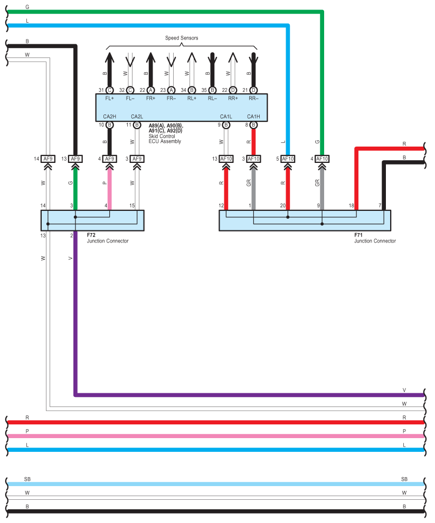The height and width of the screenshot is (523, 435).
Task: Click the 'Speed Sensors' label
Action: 182,38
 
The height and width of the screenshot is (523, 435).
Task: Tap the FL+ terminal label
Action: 110,99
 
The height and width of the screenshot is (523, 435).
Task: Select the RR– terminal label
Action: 253,99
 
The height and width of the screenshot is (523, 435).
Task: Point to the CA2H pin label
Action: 110,117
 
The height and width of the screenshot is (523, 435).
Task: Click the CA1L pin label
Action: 226,117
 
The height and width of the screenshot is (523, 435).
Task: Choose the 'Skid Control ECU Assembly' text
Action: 165,139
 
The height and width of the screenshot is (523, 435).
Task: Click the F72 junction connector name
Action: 91,235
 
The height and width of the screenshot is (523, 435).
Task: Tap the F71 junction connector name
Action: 358,235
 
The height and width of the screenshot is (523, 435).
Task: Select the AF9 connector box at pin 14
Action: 48,159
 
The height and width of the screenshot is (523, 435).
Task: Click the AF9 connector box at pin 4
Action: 110,159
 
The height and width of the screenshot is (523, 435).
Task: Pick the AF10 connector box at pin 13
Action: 226,159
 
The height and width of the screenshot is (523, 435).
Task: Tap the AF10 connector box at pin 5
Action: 288,159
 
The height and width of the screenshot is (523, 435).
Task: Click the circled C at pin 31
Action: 110,90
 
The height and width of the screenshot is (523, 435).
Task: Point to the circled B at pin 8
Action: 253,125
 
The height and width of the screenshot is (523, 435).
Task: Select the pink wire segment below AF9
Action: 110,189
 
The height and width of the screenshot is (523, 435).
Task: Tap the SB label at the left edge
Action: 27,479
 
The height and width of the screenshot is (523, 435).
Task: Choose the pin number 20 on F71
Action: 283,206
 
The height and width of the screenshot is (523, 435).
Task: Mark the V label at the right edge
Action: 404,390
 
